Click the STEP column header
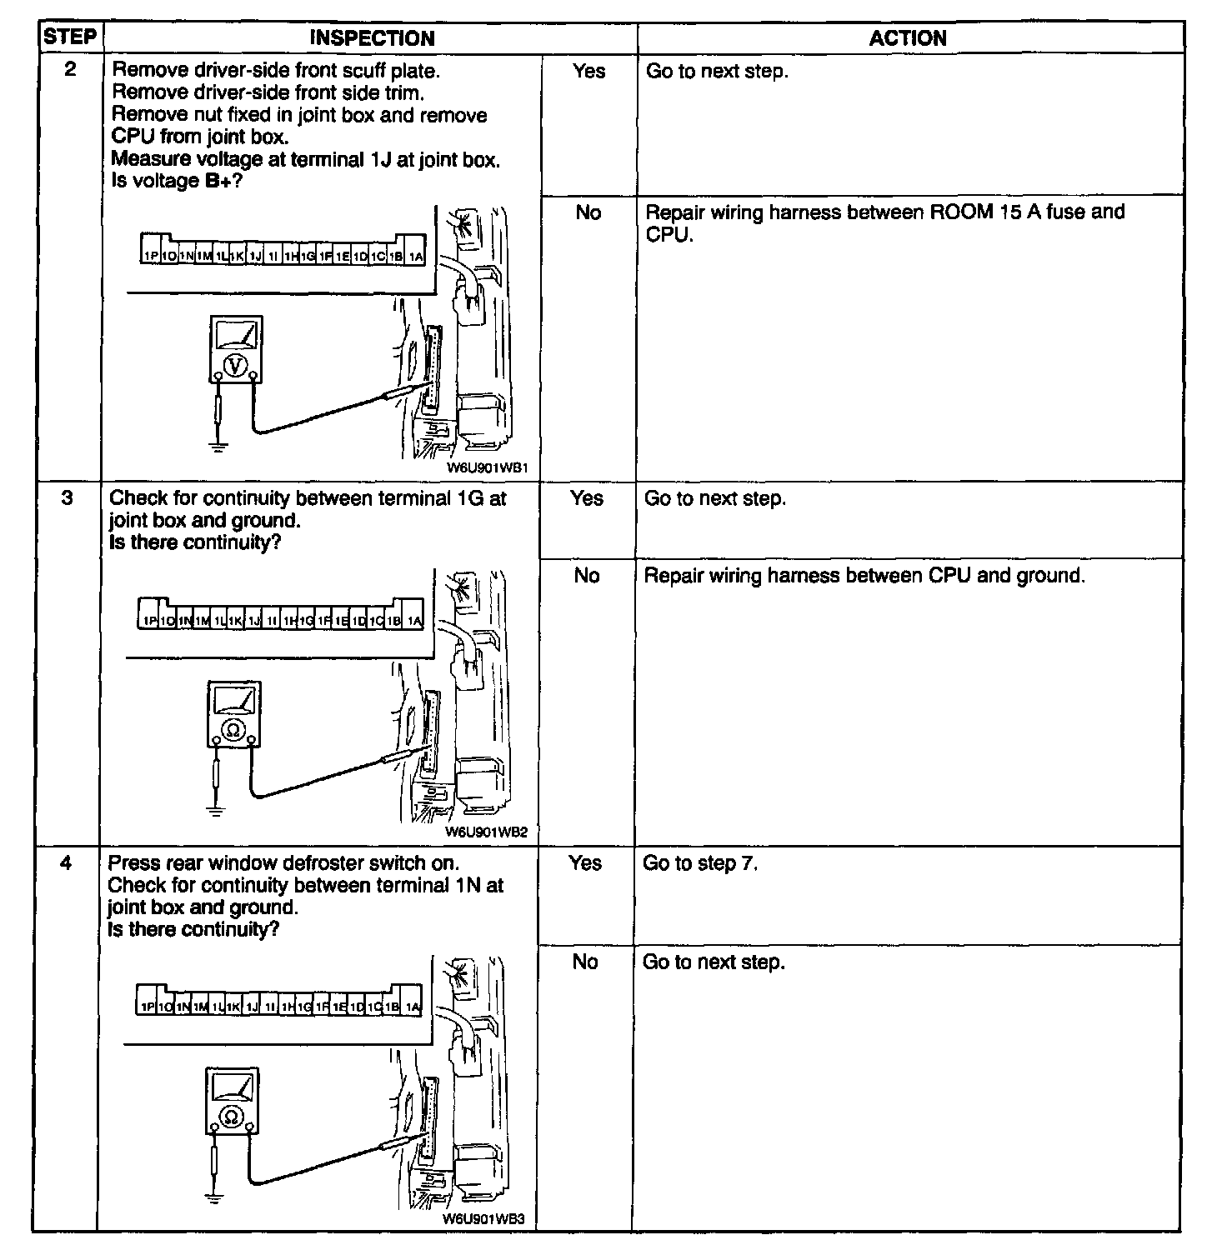[69, 37]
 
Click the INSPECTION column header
[372, 38]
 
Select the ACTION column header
[908, 38]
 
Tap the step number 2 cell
[70, 70]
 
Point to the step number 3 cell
[68, 498]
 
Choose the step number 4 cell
[66, 863]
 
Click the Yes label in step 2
[588, 72]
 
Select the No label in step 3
[587, 576]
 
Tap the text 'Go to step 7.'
[700, 863]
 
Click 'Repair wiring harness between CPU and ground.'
[864, 576]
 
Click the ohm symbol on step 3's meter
[233, 730]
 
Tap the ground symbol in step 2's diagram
[218, 447]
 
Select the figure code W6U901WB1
[488, 468]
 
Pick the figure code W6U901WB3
[483, 1218]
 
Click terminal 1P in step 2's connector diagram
[150, 257]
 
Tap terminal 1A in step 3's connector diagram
[414, 621]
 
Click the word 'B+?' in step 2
[223, 181]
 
